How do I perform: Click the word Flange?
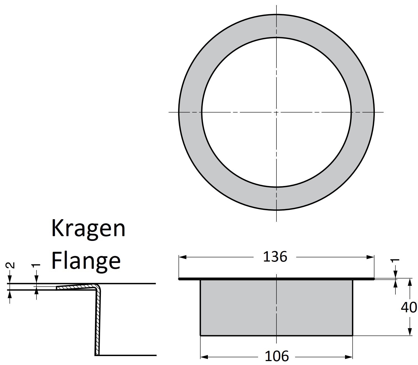pyautogui.click(x=86, y=261)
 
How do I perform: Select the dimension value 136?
pyautogui.click(x=275, y=257)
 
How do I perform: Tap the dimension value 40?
pyautogui.click(x=409, y=307)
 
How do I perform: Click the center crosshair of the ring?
pyautogui.click(x=276, y=112)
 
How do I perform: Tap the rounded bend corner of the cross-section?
pyautogui.click(x=97, y=287)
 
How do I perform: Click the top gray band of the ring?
pyautogui.click(x=276, y=25)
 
